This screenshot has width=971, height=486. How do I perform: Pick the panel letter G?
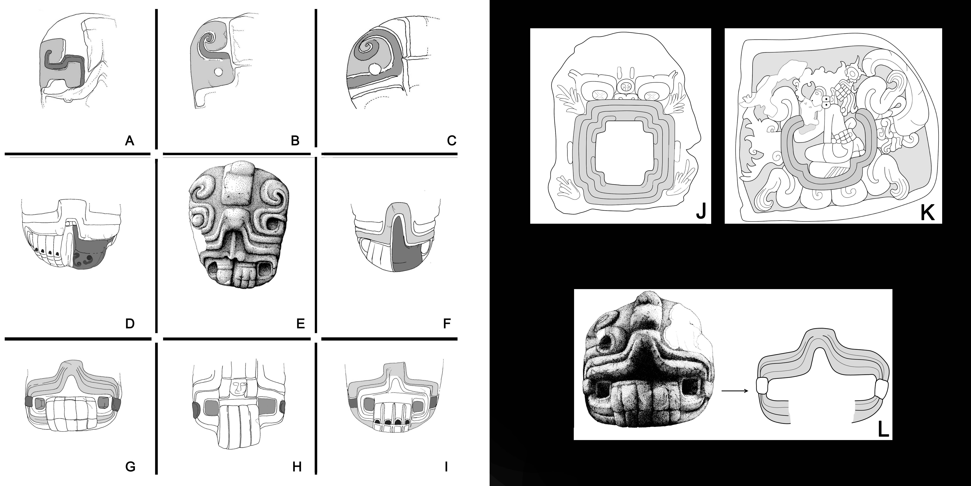130,467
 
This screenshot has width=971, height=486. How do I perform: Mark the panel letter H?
297,467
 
